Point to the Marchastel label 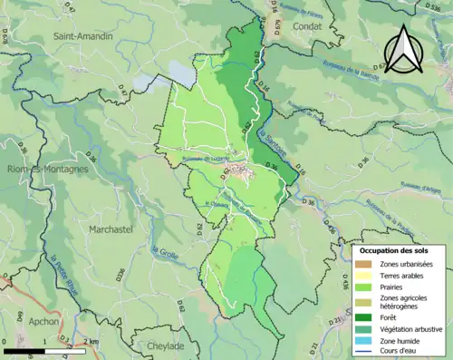coord(111,229)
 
